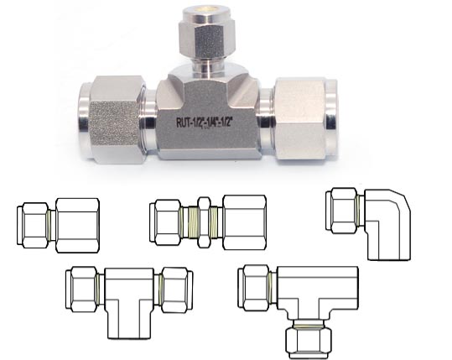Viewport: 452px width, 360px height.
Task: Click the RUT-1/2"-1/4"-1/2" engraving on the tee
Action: tap(205, 123)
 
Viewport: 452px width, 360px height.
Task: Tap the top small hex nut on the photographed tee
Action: tap(208, 38)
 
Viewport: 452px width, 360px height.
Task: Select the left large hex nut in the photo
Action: tap(117, 119)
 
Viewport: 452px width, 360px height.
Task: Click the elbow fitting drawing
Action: tap(368, 224)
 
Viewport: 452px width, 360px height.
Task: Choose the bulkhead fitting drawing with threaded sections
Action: tap(208, 222)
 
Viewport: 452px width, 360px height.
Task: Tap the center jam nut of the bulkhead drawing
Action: tap(204, 222)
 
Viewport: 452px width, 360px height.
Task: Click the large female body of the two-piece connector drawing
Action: tap(77, 225)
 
